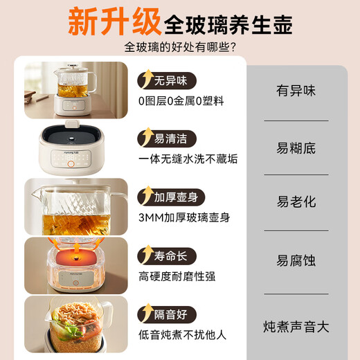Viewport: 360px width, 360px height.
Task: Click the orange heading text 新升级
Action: [x=114, y=21]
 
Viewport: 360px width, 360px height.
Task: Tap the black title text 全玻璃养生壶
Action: [x=228, y=25]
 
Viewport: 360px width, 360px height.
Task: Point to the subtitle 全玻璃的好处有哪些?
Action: [x=180, y=47]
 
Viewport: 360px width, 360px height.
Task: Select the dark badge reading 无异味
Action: [x=167, y=80]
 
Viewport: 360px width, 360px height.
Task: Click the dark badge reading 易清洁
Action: [x=167, y=138]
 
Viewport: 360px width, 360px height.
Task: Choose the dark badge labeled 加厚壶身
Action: [x=171, y=197]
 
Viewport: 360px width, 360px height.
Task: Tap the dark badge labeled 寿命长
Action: [x=167, y=256]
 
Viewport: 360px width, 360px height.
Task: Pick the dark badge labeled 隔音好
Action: [x=167, y=314]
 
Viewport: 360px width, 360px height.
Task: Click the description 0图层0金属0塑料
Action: [x=181, y=101]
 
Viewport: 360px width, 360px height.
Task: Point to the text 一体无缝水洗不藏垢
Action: [x=188, y=159]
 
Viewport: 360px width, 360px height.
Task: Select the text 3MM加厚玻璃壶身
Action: [x=184, y=217]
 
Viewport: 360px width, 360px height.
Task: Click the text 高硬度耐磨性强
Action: [x=177, y=276]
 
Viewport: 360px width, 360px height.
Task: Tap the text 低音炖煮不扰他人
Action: [x=182, y=335]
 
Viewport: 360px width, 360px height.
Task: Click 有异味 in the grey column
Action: [x=296, y=91]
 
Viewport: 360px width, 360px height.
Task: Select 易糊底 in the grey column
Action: [x=296, y=148]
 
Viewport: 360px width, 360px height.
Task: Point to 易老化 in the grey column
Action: [x=296, y=201]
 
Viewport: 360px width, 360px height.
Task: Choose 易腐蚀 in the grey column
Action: [x=296, y=260]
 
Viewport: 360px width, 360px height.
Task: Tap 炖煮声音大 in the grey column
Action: [x=296, y=327]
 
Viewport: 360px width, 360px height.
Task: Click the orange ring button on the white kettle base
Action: [x=71, y=164]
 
